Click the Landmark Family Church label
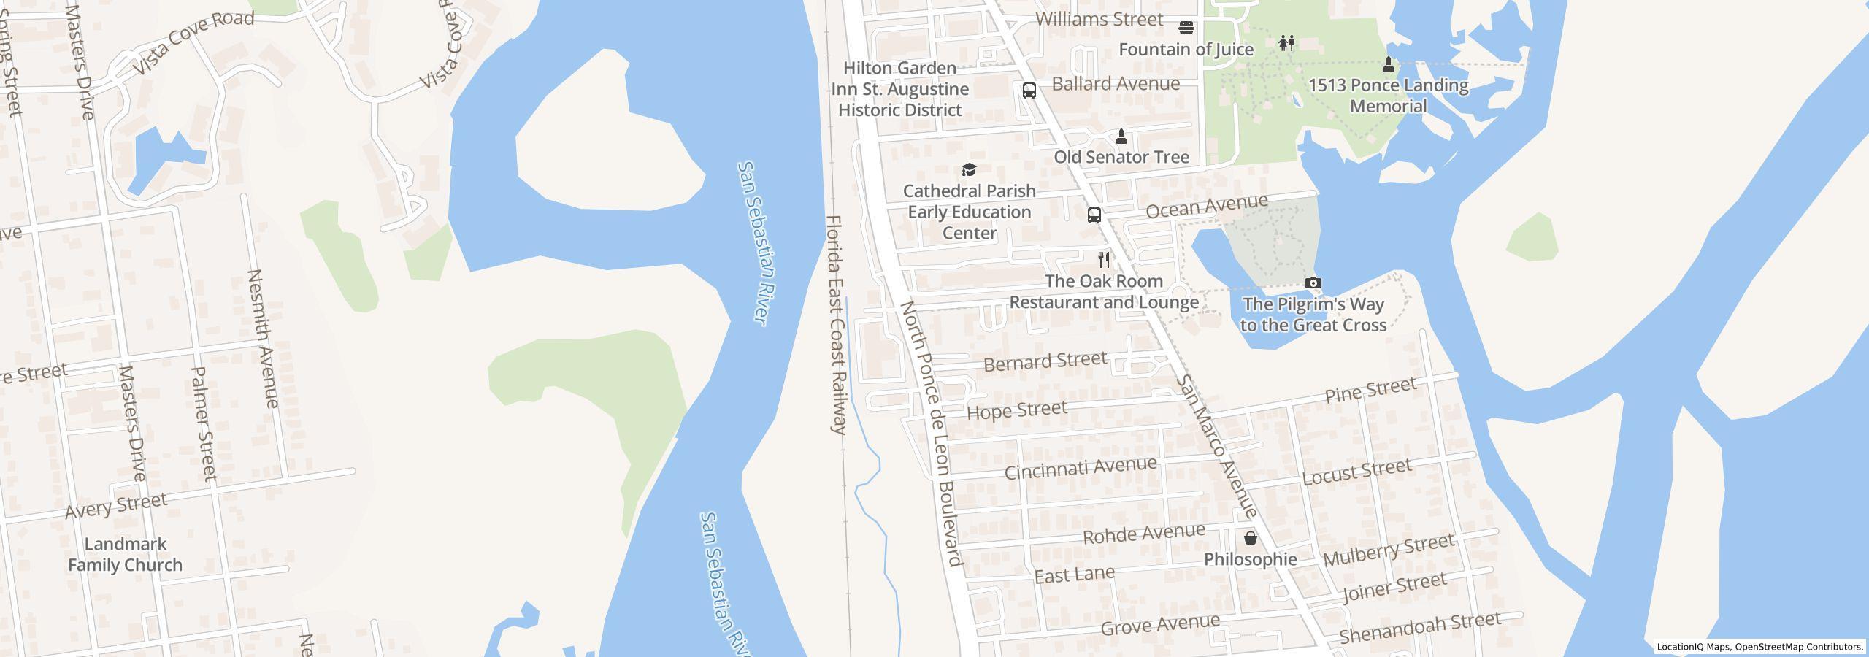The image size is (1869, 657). [125, 554]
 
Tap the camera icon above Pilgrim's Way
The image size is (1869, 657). [1313, 283]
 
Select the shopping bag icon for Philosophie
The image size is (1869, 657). [1251, 539]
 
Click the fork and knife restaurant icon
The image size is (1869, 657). [1104, 260]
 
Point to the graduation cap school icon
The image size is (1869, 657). [969, 170]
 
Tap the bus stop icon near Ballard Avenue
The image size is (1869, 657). [1029, 91]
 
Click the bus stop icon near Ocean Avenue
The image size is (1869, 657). [1094, 215]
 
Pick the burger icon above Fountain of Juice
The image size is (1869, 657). [1186, 28]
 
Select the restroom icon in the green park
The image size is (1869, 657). [1286, 43]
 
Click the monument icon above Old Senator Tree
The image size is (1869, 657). [1121, 137]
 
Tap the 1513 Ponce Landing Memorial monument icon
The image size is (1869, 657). [1389, 64]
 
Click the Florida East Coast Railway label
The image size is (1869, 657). [836, 324]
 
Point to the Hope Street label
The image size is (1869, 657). [1016, 410]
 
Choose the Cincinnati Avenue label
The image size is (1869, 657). [1081, 468]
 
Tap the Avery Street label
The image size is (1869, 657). [116, 505]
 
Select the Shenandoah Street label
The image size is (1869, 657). [1419, 628]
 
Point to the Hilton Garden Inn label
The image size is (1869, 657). [899, 89]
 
